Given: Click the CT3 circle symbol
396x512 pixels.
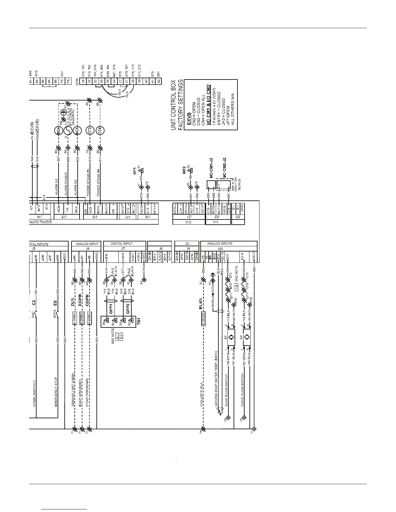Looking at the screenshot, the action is click(x=90, y=131).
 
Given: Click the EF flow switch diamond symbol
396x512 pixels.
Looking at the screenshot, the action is click(x=231, y=337).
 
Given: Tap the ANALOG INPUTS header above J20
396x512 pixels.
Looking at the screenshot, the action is click(x=220, y=243).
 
